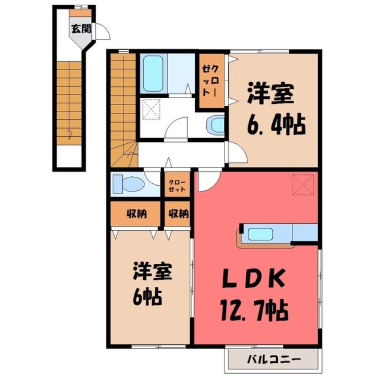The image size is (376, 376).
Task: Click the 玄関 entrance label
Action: point(81,29)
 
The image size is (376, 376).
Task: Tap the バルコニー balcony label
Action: point(274,359)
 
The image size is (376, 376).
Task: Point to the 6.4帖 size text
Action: point(276,125)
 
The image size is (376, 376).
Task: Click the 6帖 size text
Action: point(147,297)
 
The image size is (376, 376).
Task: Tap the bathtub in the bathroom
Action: point(153,74)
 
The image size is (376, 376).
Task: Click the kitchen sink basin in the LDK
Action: point(261,234)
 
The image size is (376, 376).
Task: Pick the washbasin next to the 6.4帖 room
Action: point(216,124)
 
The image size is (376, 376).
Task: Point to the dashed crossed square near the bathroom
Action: point(151,109)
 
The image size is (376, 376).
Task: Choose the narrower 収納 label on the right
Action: point(179,214)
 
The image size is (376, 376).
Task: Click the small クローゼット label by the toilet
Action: point(177,185)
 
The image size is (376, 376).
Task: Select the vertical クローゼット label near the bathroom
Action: point(210,80)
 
